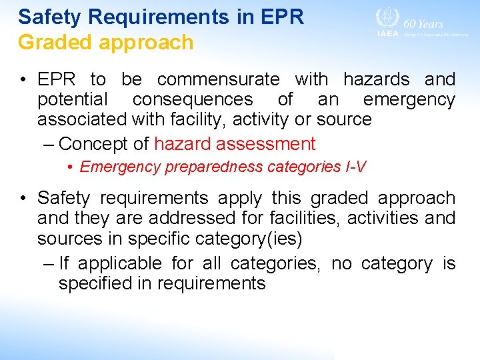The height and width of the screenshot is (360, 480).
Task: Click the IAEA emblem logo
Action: tap(387, 19)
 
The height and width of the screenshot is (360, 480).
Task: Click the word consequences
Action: tap(193, 100)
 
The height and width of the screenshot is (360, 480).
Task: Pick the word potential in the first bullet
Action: tap(72, 100)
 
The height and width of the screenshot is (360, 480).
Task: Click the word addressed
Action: tap(193, 218)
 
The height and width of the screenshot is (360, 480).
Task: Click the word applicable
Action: tap(118, 263)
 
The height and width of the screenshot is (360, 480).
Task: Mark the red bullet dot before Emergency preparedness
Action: tap(70, 167)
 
